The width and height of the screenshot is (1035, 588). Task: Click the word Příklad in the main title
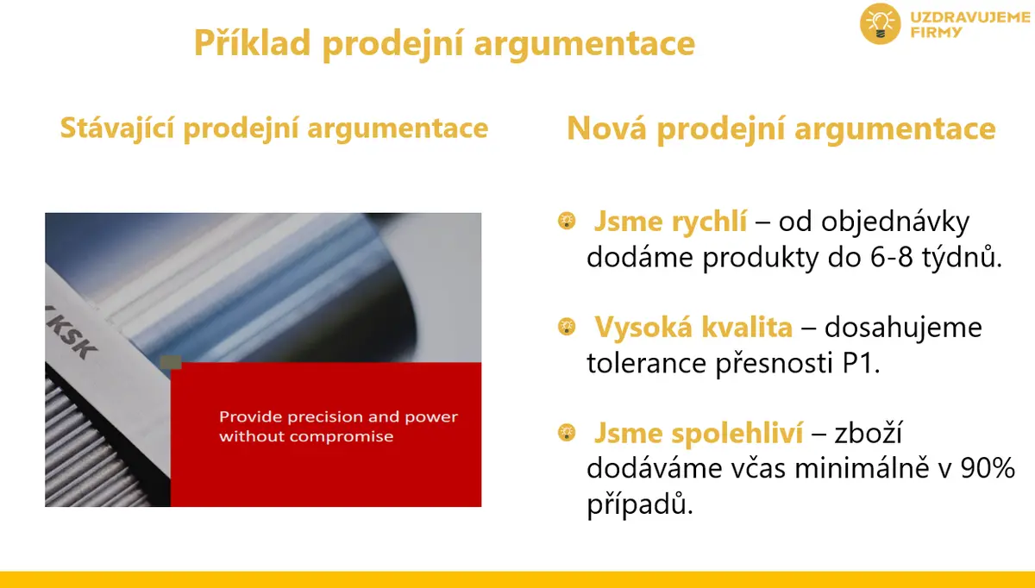(x=252, y=42)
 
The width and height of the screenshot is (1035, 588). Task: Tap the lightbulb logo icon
(x=880, y=23)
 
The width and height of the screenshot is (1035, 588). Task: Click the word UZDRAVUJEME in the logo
(x=969, y=17)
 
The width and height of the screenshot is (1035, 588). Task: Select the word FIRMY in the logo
(x=936, y=33)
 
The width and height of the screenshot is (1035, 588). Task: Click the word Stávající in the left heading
(x=117, y=128)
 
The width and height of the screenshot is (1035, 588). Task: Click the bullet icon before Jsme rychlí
(x=567, y=221)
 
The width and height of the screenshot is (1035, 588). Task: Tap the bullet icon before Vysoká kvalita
(x=567, y=327)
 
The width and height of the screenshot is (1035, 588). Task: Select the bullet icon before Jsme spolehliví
(x=567, y=432)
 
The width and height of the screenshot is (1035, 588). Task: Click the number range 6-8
(x=891, y=257)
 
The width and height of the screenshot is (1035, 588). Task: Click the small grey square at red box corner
(x=171, y=363)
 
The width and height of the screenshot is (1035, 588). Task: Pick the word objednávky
(x=874, y=222)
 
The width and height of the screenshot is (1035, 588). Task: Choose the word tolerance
(x=646, y=363)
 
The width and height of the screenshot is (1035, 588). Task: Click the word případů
(x=640, y=504)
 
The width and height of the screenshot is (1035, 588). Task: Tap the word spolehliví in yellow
(x=737, y=434)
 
